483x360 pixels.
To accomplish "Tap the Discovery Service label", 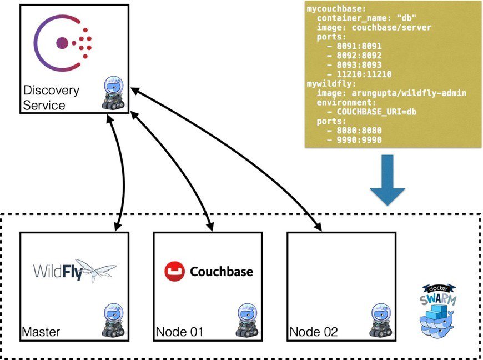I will pos(52,97).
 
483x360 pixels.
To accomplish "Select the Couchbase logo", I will pos(209,272).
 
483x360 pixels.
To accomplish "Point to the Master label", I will pos(41,332).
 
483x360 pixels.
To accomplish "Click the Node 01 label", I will pos(179,332).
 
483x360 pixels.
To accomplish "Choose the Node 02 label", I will pos(314,332).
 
